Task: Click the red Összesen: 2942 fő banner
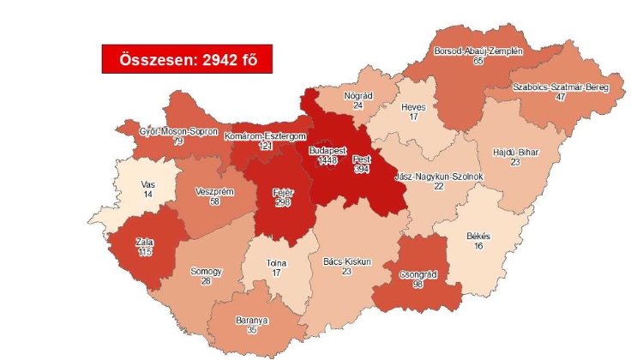(180, 59)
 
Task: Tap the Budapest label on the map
(328, 150)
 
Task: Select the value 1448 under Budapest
(329, 160)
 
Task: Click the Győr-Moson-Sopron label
(178, 131)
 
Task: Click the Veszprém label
(213, 191)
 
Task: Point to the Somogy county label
(206, 272)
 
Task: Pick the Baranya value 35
(251, 331)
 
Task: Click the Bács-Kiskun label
(347, 261)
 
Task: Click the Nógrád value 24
(357, 106)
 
